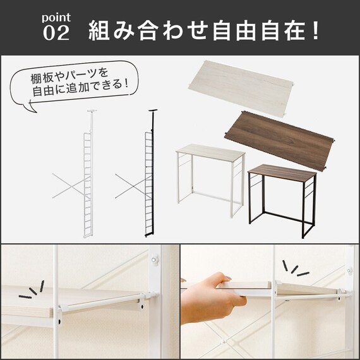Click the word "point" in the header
(56, 17)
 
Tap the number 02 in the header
(56, 33)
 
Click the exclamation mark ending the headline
(315, 30)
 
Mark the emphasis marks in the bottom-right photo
(294, 268)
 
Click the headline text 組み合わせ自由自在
(196, 30)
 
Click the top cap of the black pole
(152, 114)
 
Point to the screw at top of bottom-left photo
(153, 258)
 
